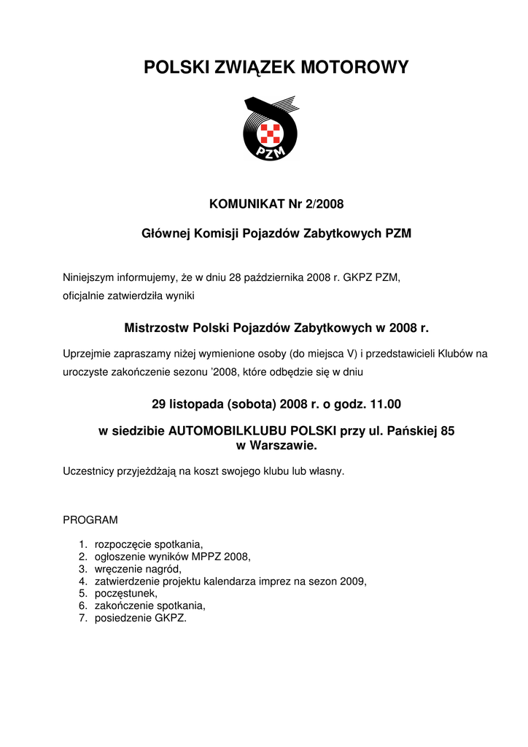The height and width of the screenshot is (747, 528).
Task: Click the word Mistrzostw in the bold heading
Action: (x=155, y=327)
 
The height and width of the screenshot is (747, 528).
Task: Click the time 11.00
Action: (x=384, y=403)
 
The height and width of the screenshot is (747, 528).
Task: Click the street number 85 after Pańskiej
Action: (x=447, y=431)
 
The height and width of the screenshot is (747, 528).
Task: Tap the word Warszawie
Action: (x=284, y=444)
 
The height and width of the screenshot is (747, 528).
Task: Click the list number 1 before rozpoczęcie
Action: (x=82, y=545)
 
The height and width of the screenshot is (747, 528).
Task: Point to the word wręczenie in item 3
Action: (x=117, y=569)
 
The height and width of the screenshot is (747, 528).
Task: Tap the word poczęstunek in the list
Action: (x=125, y=594)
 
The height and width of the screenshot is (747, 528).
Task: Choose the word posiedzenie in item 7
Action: (x=123, y=619)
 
